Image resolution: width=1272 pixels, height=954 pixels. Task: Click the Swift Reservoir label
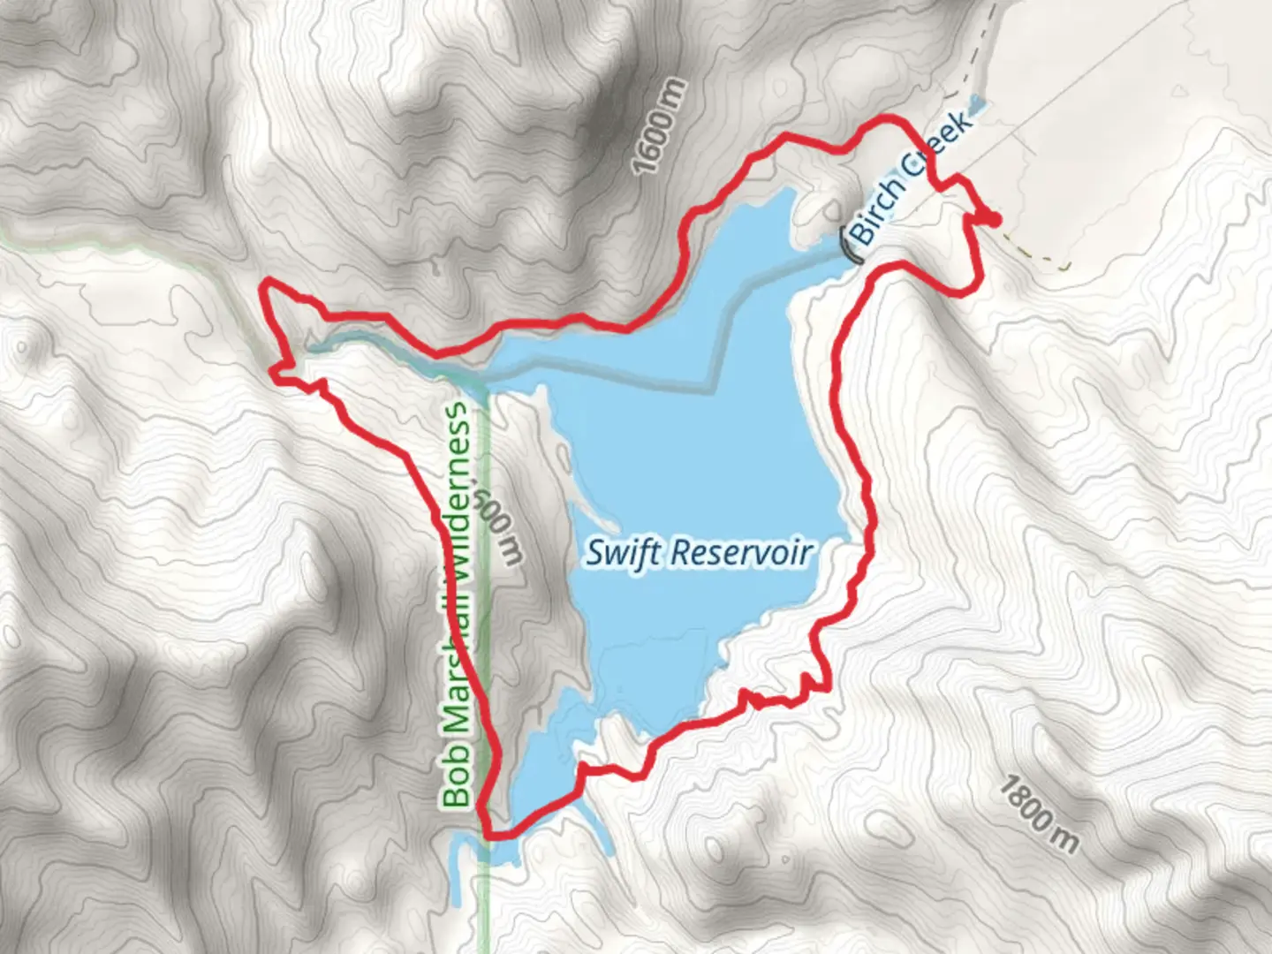(x=699, y=554)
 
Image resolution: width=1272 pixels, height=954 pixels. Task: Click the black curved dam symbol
(x=845, y=246)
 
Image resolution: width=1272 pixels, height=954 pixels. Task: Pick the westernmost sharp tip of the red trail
(x=263, y=284)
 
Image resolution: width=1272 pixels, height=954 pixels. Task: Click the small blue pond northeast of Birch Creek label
(x=976, y=104)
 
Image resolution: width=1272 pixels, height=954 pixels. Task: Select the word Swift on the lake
(x=620, y=554)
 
